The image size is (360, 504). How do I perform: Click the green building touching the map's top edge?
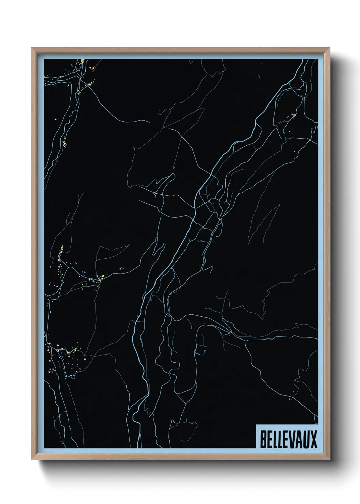(83, 61)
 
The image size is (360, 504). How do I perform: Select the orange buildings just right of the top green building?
(92, 68)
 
